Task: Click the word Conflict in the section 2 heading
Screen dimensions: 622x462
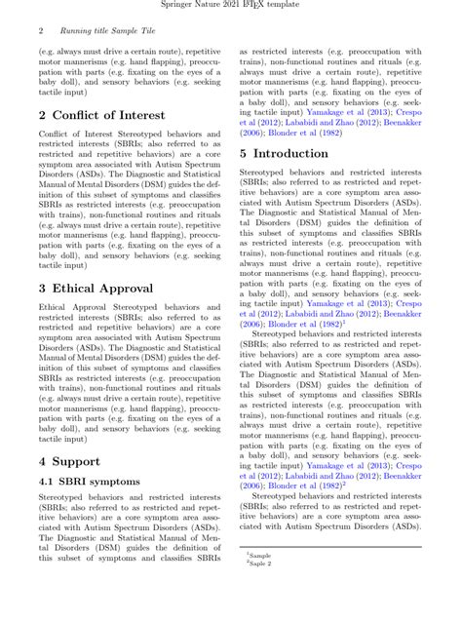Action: [x=83, y=116]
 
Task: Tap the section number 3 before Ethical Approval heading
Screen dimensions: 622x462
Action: [x=43, y=288]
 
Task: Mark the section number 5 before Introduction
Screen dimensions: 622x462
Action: [x=245, y=153]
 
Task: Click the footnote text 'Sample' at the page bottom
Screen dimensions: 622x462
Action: [x=260, y=554]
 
